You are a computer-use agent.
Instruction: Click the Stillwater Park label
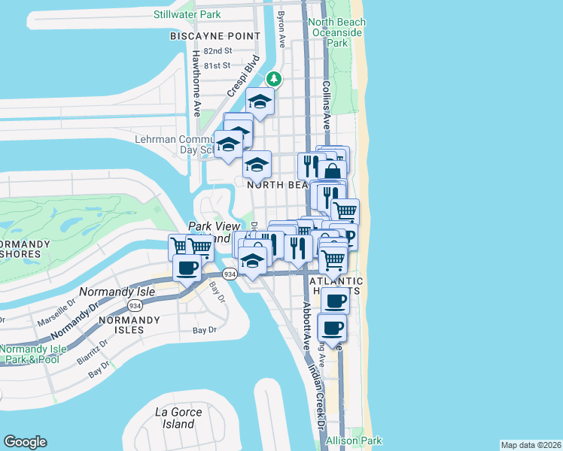click(x=187, y=14)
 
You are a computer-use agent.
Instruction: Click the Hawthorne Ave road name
click(x=196, y=83)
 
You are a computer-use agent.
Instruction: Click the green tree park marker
click(x=275, y=77)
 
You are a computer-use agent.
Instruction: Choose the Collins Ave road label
click(x=327, y=105)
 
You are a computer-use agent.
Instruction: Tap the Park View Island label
click(x=214, y=232)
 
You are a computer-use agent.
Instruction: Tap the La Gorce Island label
click(x=175, y=417)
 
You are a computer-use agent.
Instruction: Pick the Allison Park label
click(x=354, y=441)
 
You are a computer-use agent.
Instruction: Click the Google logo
click(x=25, y=442)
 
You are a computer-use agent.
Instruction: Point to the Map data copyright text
click(x=531, y=445)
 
